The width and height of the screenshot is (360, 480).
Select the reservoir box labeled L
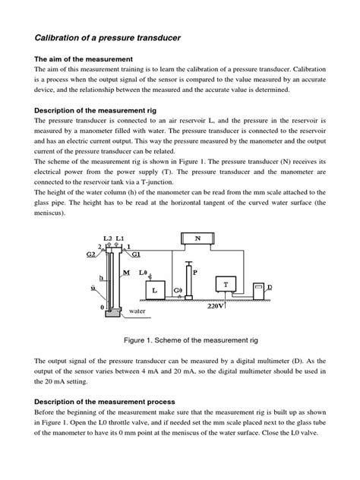coord(154,291)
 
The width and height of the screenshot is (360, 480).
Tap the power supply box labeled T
coord(226,285)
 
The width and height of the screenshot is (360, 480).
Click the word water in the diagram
coord(137,311)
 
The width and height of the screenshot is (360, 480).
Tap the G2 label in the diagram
coord(90,254)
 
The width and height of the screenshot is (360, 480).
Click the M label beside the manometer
coord(125,272)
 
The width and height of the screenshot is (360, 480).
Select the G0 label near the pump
coord(178,291)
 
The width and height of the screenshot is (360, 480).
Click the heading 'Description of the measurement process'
coord(109,400)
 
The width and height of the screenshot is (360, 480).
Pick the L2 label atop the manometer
coord(107,238)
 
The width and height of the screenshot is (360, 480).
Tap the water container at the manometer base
coord(113,311)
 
